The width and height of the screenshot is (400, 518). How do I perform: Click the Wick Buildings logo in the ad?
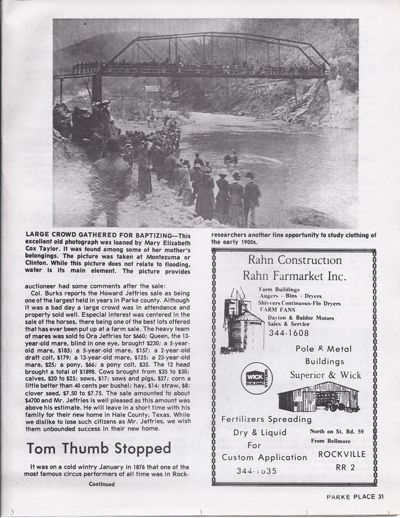coord(256,377)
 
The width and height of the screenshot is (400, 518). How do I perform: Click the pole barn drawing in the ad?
coord(318,397)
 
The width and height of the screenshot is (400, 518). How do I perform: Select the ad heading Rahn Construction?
coord(294,260)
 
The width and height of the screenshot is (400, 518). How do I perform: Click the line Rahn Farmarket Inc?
coord(294,275)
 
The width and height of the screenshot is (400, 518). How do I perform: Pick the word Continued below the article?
coord(102,484)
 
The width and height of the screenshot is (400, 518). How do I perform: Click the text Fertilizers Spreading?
coord(263,419)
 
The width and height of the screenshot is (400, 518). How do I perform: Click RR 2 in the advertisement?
coord(345,468)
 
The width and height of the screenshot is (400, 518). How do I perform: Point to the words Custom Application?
coord(264,457)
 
